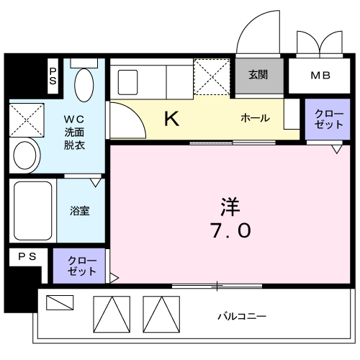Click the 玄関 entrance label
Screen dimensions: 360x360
tap(258, 75)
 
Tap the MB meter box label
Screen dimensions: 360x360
tap(320, 76)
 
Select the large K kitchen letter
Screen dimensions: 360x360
tap(171, 119)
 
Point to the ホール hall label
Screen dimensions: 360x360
tap(255, 118)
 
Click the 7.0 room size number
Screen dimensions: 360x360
tap(230, 230)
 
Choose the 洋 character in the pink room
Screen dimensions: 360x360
tap(230, 207)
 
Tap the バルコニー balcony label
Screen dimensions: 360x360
tap(242, 316)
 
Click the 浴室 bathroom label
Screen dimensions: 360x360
tap(80, 211)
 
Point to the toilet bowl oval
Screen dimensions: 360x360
tap(84, 85)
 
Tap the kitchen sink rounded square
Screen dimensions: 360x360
tap(127, 82)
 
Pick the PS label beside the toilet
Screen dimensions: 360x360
tap(53, 76)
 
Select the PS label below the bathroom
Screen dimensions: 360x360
tap(27, 257)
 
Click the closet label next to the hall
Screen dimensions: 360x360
tap(328, 120)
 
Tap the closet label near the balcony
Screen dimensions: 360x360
tap(82, 266)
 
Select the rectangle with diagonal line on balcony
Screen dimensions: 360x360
tap(60, 302)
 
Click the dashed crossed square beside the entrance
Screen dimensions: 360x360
tap(212, 76)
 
